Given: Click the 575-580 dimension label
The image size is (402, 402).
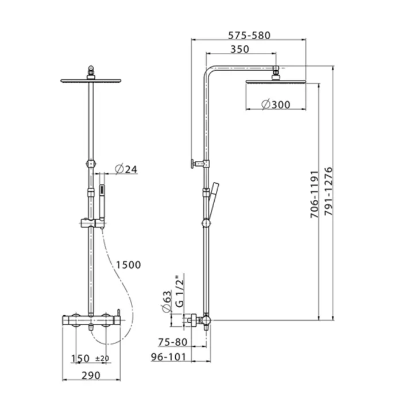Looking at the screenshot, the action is [x=249, y=36].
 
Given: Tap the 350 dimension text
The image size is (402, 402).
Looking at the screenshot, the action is [x=239, y=49].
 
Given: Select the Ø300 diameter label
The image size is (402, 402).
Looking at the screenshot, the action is [x=276, y=105].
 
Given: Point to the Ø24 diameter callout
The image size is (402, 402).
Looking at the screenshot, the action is [x=126, y=169].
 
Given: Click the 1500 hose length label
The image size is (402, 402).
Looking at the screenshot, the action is [x=129, y=265].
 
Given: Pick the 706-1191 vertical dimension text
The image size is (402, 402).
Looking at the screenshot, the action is [x=314, y=194].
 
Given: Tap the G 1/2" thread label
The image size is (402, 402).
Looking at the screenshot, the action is [x=180, y=290].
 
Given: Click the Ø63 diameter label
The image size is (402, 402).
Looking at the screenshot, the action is [x=167, y=301].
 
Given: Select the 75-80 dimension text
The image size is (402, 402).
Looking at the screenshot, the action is [x=173, y=342].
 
